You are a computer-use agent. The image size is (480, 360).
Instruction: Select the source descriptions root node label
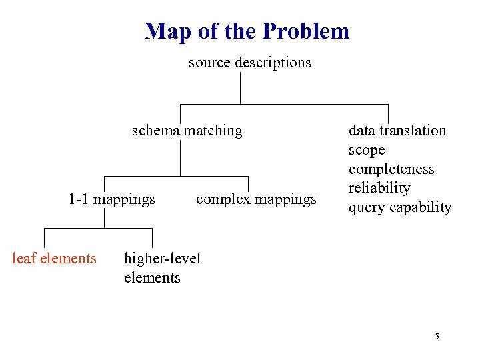[x=249, y=63]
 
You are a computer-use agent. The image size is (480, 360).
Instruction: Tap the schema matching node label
[x=187, y=130]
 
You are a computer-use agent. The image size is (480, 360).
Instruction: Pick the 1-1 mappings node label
[x=112, y=199]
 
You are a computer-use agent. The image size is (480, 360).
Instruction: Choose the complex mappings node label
[x=256, y=199]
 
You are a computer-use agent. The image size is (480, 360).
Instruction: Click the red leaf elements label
[x=54, y=258]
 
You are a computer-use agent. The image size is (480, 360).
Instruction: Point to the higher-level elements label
[x=161, y=267]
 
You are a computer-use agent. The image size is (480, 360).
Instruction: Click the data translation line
[x=397, y=130]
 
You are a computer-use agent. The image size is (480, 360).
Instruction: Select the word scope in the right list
[x=367, y=149]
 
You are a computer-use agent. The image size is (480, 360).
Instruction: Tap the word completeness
[x=391, y=169]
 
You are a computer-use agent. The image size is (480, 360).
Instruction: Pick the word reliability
[x=379, y=188]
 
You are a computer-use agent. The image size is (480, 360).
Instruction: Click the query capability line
[x=400, y=207]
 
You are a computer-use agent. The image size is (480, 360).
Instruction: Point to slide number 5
[x=437, y=337]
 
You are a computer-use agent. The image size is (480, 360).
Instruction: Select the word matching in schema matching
[x=213, y=130]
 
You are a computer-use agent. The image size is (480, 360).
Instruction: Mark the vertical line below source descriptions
[x=240, y=88]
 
